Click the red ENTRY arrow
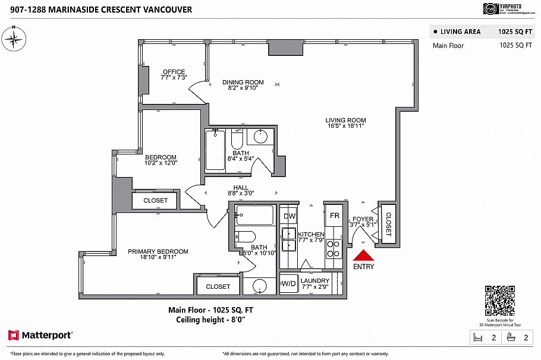point(363,255)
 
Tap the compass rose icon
point(14,39)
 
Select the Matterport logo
point(40,336)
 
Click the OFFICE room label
point(174,72)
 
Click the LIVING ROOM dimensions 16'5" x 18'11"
point(345,126)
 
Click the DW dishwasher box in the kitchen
point(290,216)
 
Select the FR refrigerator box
point(334,216)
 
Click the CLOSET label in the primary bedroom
point(218,286)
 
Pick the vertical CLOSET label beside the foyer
point(389,225)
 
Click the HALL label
point(240,188)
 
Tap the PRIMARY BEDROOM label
point(158,251)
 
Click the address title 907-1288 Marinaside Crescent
point(96,10)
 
